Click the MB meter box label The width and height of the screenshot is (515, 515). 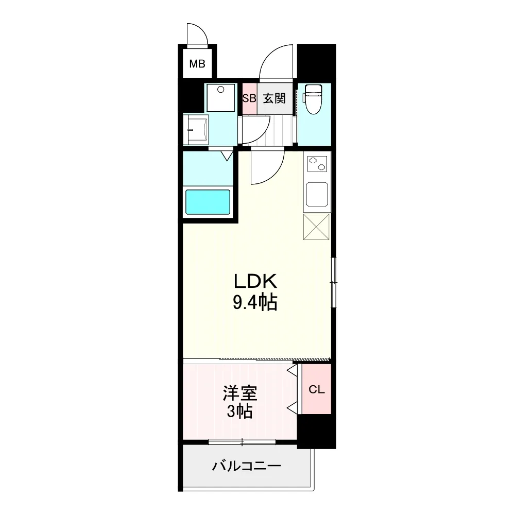click(197, 64)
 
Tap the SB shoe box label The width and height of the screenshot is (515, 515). click(249, 98)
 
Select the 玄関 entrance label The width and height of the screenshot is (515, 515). click(274, 98)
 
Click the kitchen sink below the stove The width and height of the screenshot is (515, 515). click(317, 194)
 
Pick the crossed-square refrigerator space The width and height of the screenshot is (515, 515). click(316, 227)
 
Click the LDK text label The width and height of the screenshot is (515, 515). click(255, 282)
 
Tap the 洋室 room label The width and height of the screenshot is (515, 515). click(240, 394)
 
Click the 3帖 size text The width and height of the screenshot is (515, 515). click(240, 412)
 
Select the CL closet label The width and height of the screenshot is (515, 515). click(316, 390)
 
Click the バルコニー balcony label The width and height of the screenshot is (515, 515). click(247, 467)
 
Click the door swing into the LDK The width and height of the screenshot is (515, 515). click(268, 167)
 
